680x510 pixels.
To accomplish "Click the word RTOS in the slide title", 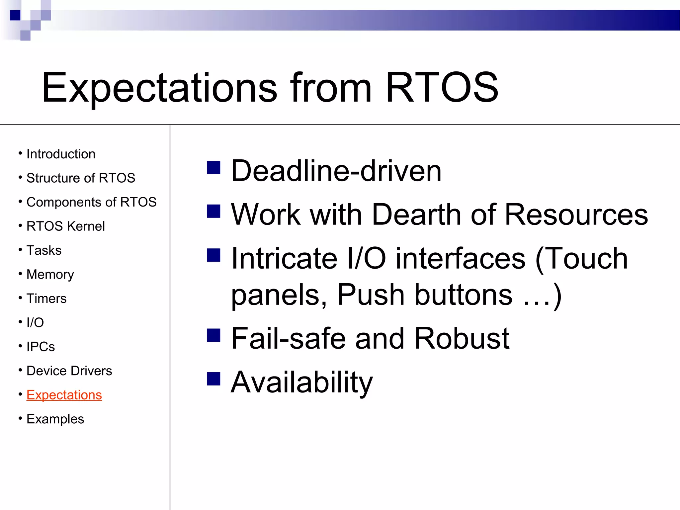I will [x=442, y=88].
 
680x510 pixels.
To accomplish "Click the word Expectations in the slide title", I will [x=159, y=88].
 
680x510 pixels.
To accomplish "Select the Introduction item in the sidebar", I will [x=61, y=154].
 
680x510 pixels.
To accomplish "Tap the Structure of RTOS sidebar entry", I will [x=81, y=178].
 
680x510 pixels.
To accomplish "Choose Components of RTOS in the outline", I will [x=91, y=202].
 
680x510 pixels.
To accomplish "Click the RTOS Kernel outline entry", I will [x=65, y=226].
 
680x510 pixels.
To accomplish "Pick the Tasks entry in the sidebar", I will [x=44, y=250].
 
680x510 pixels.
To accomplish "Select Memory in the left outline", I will [x=50, y=275].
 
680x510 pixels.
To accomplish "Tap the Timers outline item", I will [x=46, y=298].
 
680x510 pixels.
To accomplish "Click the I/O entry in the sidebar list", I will [x=35, y=322].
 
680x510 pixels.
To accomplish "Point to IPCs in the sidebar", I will [x=41, y=347].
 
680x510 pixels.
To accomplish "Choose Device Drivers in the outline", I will [x=69, y=371].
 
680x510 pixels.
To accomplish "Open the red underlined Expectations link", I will [x=64, y=395].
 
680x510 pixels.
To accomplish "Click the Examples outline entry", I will [x=55, y=419].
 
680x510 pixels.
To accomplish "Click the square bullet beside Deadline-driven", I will [x=213, y=168].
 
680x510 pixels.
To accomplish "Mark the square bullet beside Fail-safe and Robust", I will [x=213, y=335].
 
